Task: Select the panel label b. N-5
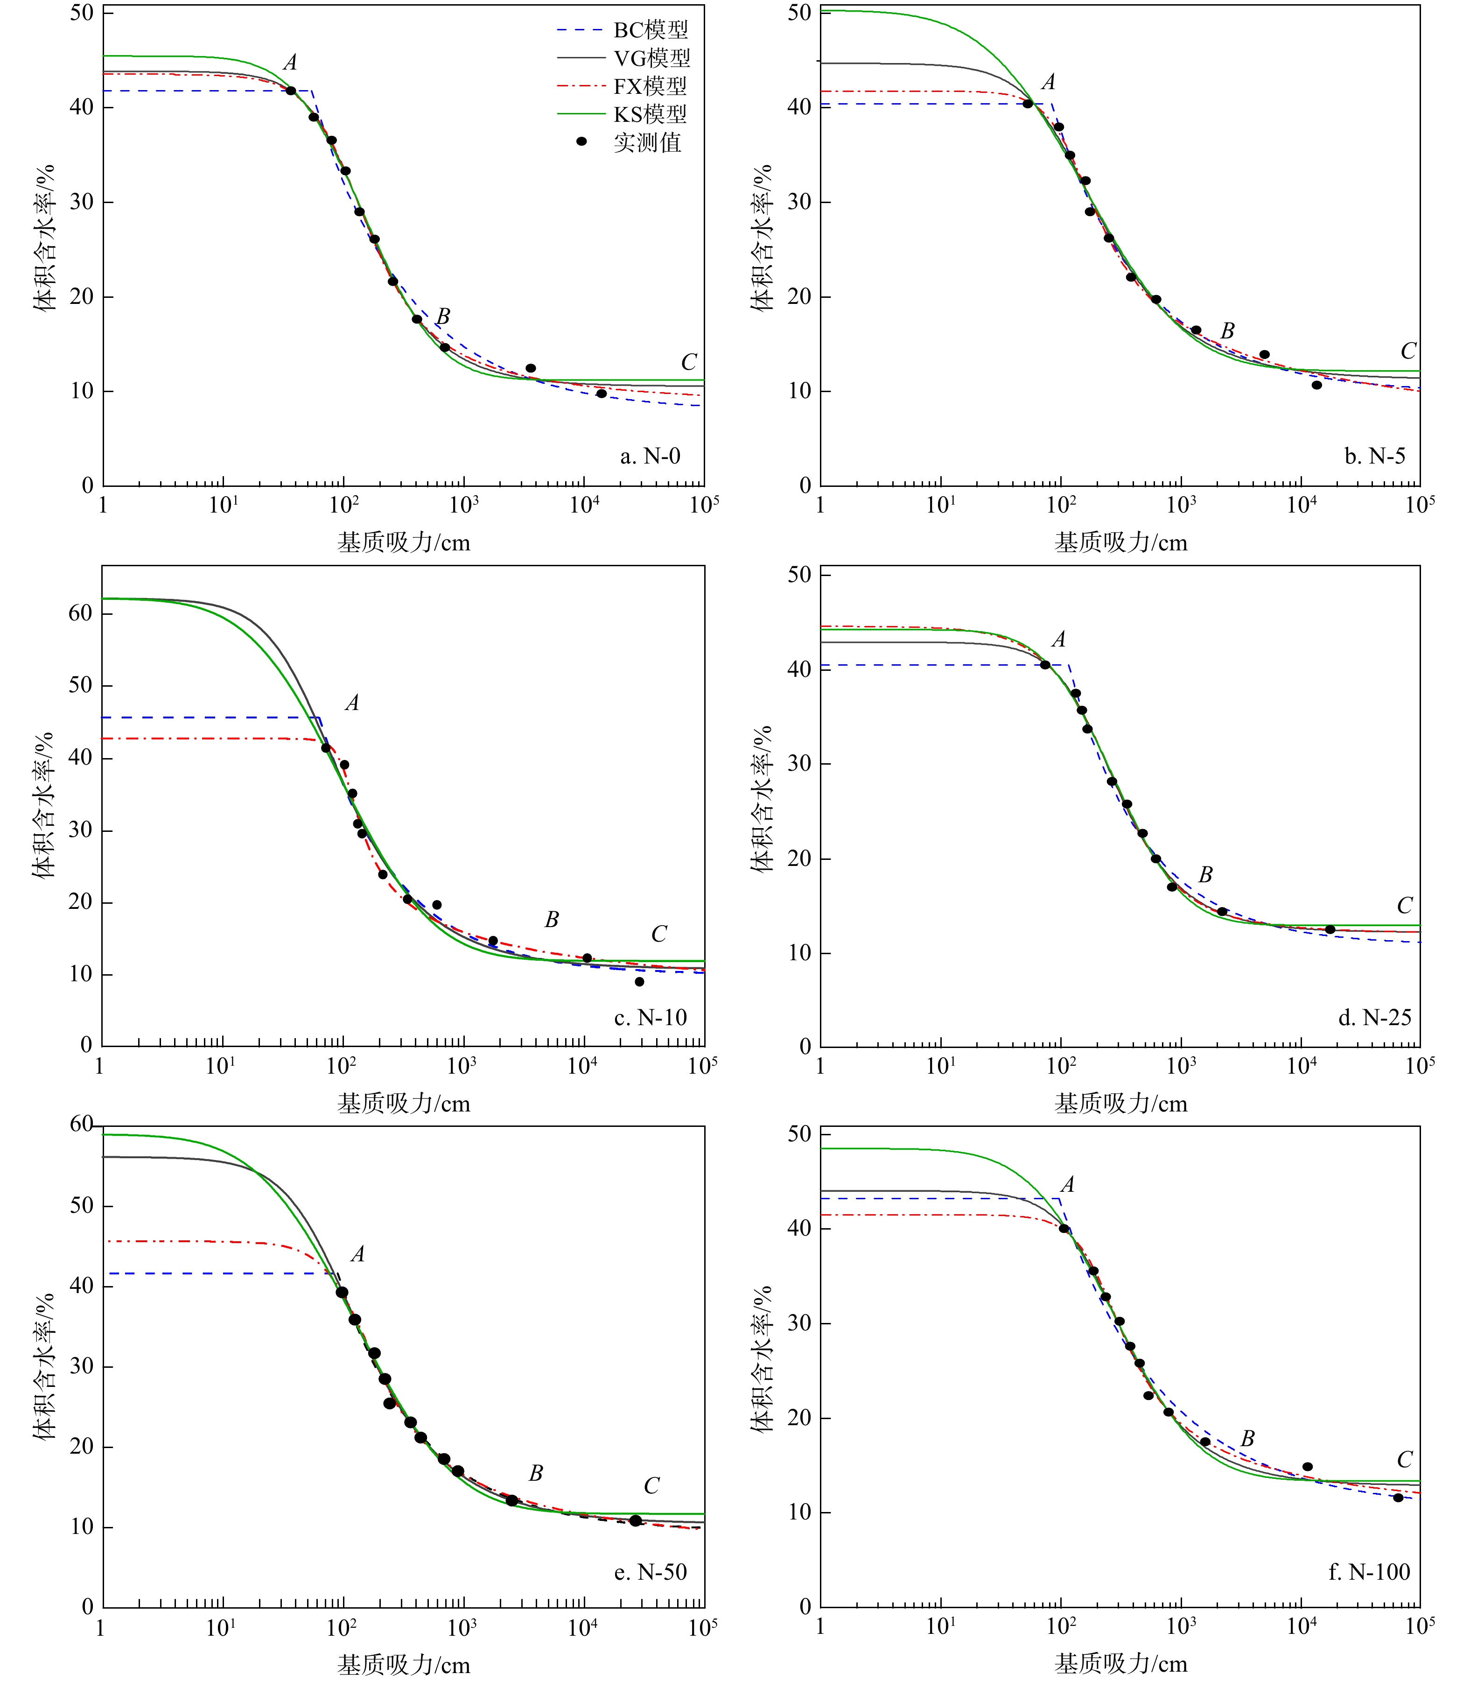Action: click(x=1375, y=456)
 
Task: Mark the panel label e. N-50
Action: click(x=651, y=1572)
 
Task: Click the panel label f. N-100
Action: click(x=1369, y=1572)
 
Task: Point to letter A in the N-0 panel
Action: click(x=290, y=63)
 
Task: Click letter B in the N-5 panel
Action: click(x=1227, y=331)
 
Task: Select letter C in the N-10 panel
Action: click(x=659, y=934)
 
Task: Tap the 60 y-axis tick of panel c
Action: click(x=80, y=613)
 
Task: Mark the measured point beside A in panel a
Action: click(x=290, y=90)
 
